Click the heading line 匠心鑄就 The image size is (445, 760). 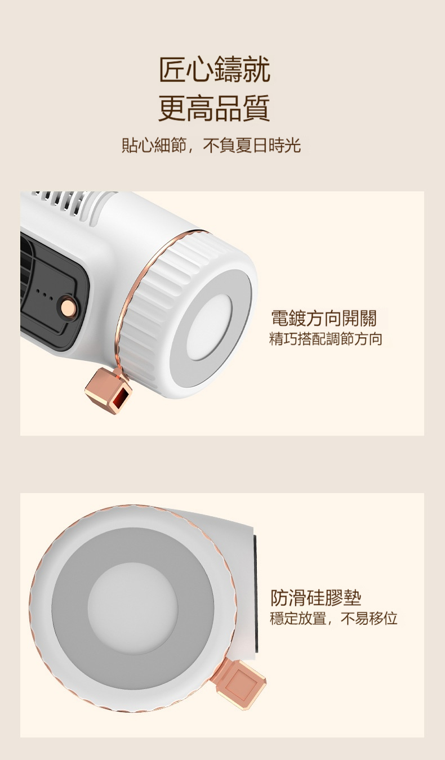[x=215, y=70]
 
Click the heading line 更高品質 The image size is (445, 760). [x=215, y=108]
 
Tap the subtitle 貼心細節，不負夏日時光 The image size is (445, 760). [x=211, y=146]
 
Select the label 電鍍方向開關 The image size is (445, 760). [x=324, y=318]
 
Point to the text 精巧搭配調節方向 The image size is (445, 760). [x=326, y=339]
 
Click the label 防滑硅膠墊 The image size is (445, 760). [x=316, y=597]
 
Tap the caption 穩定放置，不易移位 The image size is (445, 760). [x=333, y=619]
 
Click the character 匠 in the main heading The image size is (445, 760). [x=172, y=70]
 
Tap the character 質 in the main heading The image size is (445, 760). [x=256, y=108]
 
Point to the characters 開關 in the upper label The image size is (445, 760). [x=359, y=318]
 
